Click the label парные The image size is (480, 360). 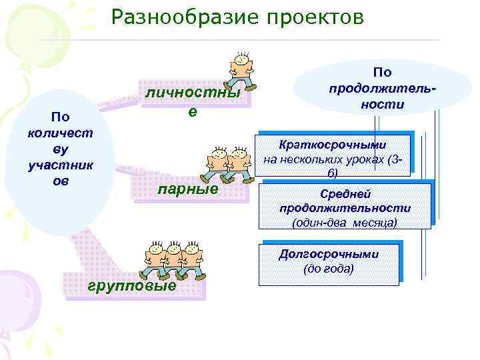click(187, 189)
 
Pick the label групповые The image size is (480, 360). click(132, 286)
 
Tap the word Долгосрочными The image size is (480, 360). click(329, 254)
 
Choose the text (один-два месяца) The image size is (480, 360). click(345, 222)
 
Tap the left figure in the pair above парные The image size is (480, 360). click(217, 162)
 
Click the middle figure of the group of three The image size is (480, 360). click(174, 260)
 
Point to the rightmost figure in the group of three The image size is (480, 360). click(193, 260)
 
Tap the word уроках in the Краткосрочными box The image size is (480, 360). click(368, 159)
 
